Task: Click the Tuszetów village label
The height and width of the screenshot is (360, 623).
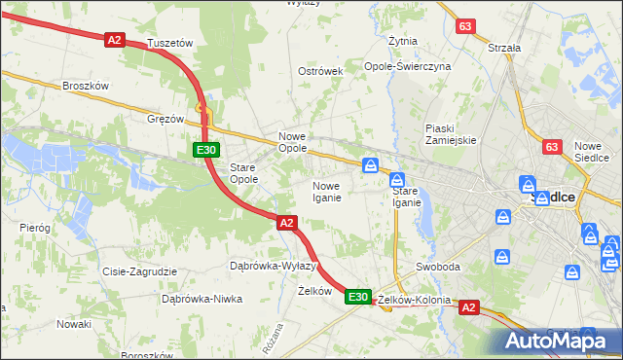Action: pyautogui.click(x=170, y=44)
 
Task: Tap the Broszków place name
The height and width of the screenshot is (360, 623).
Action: pyautogui.click(x=85, y=86)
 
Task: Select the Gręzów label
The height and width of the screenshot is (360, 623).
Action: pyautogui.click(x=165, y=119)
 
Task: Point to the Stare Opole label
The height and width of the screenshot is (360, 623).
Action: pyautogui.click(x=243, y=173)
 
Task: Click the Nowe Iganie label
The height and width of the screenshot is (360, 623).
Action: pyautogui.click(x=326, y=192)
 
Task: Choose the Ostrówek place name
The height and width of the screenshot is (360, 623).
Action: pyautogui.click(x=321, y=72)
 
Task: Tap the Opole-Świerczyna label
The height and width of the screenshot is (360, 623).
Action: pyautogui.click(x=408, y=66)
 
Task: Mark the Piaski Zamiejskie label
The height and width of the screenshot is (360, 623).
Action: pyautogui.click(x=450, y=134)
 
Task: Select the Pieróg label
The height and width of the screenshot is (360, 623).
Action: pyautogui.click(x=35, y=227)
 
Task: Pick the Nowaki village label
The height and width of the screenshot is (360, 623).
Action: pyautogui.click(x=74, y=323)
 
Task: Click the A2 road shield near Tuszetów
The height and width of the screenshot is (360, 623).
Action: pyautogui.click(x=115, y=40)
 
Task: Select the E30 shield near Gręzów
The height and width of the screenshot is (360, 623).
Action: pyautogui.click(x=205, y=150)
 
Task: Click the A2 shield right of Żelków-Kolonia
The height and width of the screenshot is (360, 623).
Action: pyautogui.click(x=469, y=307)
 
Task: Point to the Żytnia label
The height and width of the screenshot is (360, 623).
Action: pyautogui.click(x=403, y=42)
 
